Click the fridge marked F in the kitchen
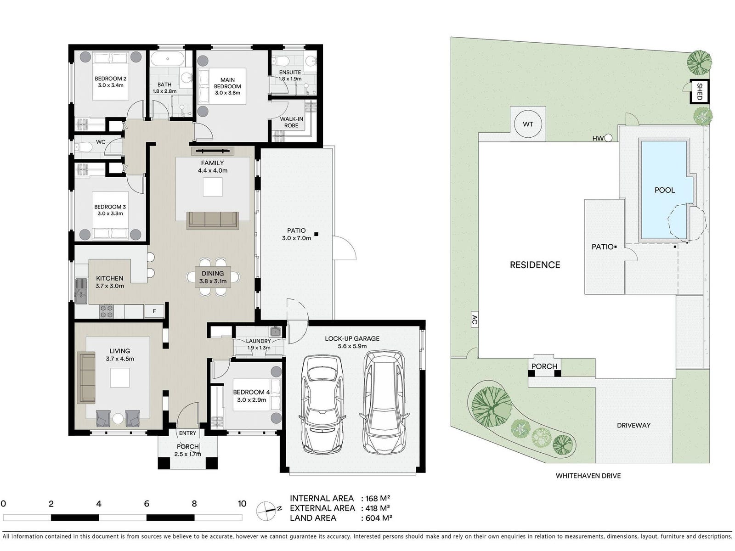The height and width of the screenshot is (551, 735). [154, 311]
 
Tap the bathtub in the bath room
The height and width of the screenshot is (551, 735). [167, 59]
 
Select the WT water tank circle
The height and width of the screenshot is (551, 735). [528, 124]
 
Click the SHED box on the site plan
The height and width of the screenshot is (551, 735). [699, 91]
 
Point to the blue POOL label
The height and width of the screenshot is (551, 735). [665, 190]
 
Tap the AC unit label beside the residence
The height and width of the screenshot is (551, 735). [474, 320]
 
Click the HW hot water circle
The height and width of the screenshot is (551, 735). [608, 138]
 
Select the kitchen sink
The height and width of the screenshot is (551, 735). [81, 291]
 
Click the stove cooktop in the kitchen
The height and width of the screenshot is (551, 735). [107, 311]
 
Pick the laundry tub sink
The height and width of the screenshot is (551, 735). [276, 332]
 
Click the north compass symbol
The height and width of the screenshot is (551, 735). [267, 511]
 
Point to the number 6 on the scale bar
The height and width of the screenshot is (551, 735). [147, 504]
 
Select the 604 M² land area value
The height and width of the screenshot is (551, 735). [377, 518]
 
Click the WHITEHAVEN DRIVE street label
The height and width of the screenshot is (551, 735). [588, 476]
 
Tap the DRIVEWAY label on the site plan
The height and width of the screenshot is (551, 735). [633, 425]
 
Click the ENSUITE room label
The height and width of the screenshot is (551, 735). [290, 72]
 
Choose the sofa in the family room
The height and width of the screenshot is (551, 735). [213, 220]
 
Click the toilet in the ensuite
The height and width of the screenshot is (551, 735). [281, 61]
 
